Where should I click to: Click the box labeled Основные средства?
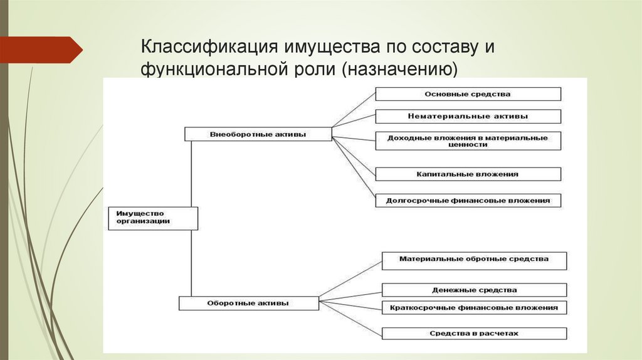[x=468, y=94]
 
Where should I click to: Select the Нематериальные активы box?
[x=468, y=116]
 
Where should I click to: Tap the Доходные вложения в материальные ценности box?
[x=468, y=140]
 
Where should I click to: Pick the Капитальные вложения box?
[x=468, y=174]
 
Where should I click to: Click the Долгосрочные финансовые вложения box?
[x=468, y=201]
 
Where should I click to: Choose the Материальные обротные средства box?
[x=473, y=260]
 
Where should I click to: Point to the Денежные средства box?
[x=473, y=290]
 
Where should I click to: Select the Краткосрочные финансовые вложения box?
[x=473, y=307]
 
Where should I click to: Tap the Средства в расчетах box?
[x=473, y=333]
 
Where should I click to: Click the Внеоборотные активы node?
[x=258, y=134]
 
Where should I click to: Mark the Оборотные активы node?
[x=248, y=303]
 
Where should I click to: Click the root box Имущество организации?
[x=153, y=218]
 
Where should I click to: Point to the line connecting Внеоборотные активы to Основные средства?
[x=353, y=113]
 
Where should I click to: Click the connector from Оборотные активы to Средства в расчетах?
[x=350, y=318]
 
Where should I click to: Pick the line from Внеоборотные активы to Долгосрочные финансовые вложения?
[x=353, y=168]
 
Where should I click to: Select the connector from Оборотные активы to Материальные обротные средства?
[x=350, y=280]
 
